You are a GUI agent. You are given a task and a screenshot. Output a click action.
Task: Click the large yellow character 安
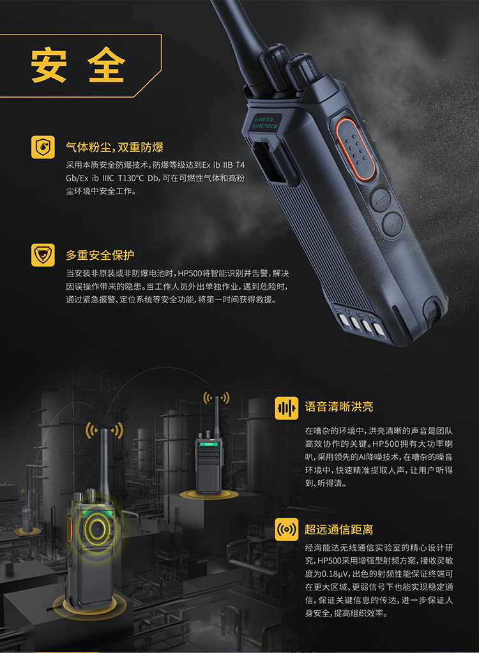(49, 65)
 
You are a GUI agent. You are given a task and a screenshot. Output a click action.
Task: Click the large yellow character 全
(106, 65)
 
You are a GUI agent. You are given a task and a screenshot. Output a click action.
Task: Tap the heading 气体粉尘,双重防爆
(114, 147)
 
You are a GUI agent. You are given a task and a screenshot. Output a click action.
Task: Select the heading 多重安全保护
(100, 255)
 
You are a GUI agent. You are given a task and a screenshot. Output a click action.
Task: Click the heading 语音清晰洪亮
(338, 407)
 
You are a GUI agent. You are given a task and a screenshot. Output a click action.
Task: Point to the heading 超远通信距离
(338, 529)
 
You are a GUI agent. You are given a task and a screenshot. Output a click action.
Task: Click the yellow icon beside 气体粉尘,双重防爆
(43, 147)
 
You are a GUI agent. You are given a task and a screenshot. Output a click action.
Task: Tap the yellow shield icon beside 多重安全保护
(43, 255)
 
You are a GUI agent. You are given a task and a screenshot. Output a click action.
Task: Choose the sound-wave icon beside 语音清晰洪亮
(287, 408)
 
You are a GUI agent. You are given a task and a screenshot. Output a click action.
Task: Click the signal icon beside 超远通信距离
(287, 529)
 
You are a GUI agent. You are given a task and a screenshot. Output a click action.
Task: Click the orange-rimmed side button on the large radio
(355, 149)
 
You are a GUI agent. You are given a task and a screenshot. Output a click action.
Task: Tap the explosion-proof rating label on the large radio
(265, 122)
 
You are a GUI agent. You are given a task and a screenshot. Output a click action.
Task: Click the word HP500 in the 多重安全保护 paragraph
(190, 274)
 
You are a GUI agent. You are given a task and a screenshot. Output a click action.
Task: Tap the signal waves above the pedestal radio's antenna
(216, 398)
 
